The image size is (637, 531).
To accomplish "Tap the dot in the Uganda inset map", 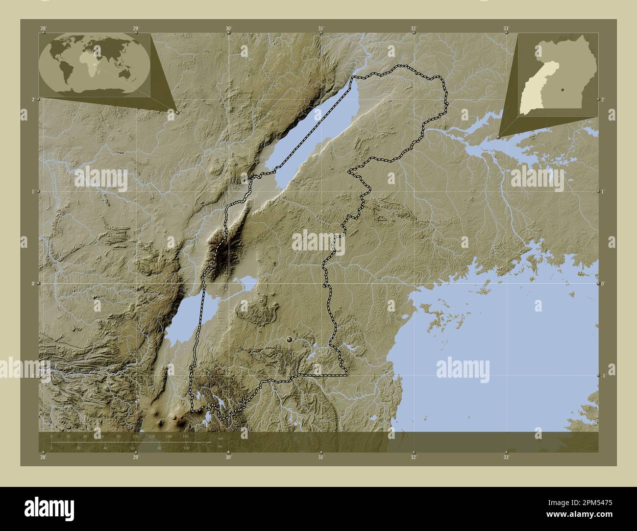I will click(563, 90).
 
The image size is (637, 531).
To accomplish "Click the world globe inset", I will click(95, 64).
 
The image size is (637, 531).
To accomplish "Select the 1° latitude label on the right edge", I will click(603, 191).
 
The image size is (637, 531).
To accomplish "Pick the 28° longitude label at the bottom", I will click(44, 457).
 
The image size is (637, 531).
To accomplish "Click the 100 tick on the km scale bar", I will click(136, 436).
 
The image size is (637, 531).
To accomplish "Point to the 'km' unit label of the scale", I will click(220, 438).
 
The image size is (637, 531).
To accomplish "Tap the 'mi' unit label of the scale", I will click(220, 446).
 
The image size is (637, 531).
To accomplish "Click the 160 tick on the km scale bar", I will click(186, 436).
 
